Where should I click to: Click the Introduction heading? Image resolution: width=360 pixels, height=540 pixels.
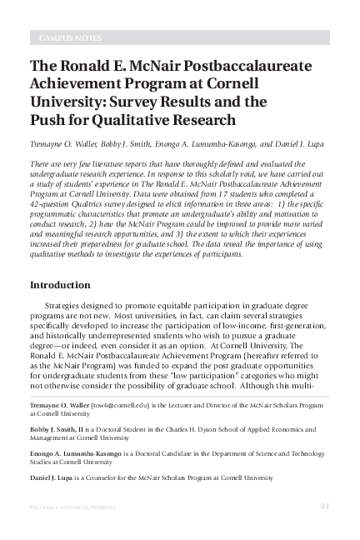[x=60, y=285]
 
